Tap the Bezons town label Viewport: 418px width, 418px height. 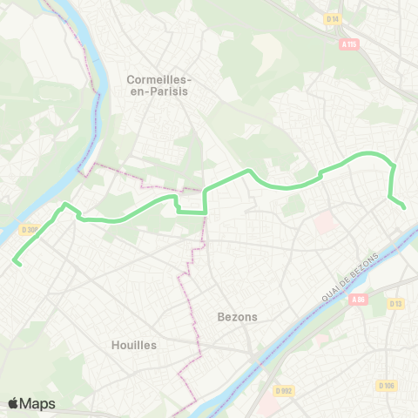237,317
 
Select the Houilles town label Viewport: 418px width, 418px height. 134,345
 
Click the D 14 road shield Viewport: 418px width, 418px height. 332,18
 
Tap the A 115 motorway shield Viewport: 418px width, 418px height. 349,44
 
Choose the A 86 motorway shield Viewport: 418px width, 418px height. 360,300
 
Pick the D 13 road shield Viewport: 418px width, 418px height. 396,303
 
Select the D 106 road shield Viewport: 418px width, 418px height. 388,385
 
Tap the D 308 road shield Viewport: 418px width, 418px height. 29,231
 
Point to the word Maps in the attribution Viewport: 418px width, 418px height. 39,403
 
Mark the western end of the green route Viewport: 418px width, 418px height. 15,261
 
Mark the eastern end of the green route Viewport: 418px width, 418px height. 405,206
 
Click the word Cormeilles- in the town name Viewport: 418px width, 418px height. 158,78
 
